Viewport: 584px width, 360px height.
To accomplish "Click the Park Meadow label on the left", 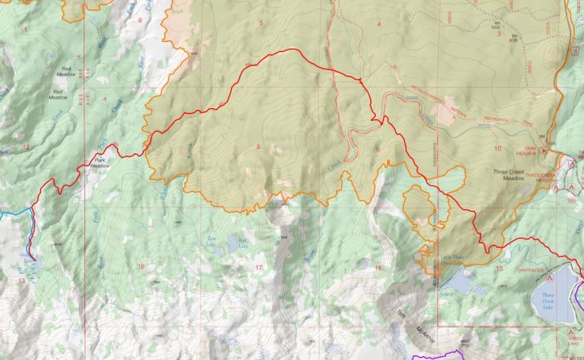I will click(x=99, y=163).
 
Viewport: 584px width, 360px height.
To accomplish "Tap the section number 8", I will click(x=257, y=148).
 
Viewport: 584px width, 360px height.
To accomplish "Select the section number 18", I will click(x=141, y=267).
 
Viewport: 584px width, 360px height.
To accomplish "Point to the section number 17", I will click(x=259, y=268).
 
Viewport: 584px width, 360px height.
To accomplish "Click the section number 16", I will click(x=377, y=268).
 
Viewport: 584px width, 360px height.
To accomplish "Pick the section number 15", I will click(x=498, y=268).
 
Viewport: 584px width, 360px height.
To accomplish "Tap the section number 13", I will click(x=21, y=280).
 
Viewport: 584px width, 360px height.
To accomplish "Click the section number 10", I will click(x=497, y=148).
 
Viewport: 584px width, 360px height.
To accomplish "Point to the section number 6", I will click(x=140, y=21).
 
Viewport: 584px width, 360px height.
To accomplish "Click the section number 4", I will click(x=379, y=24).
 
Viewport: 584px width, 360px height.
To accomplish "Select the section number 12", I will click(x=25, y=147).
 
